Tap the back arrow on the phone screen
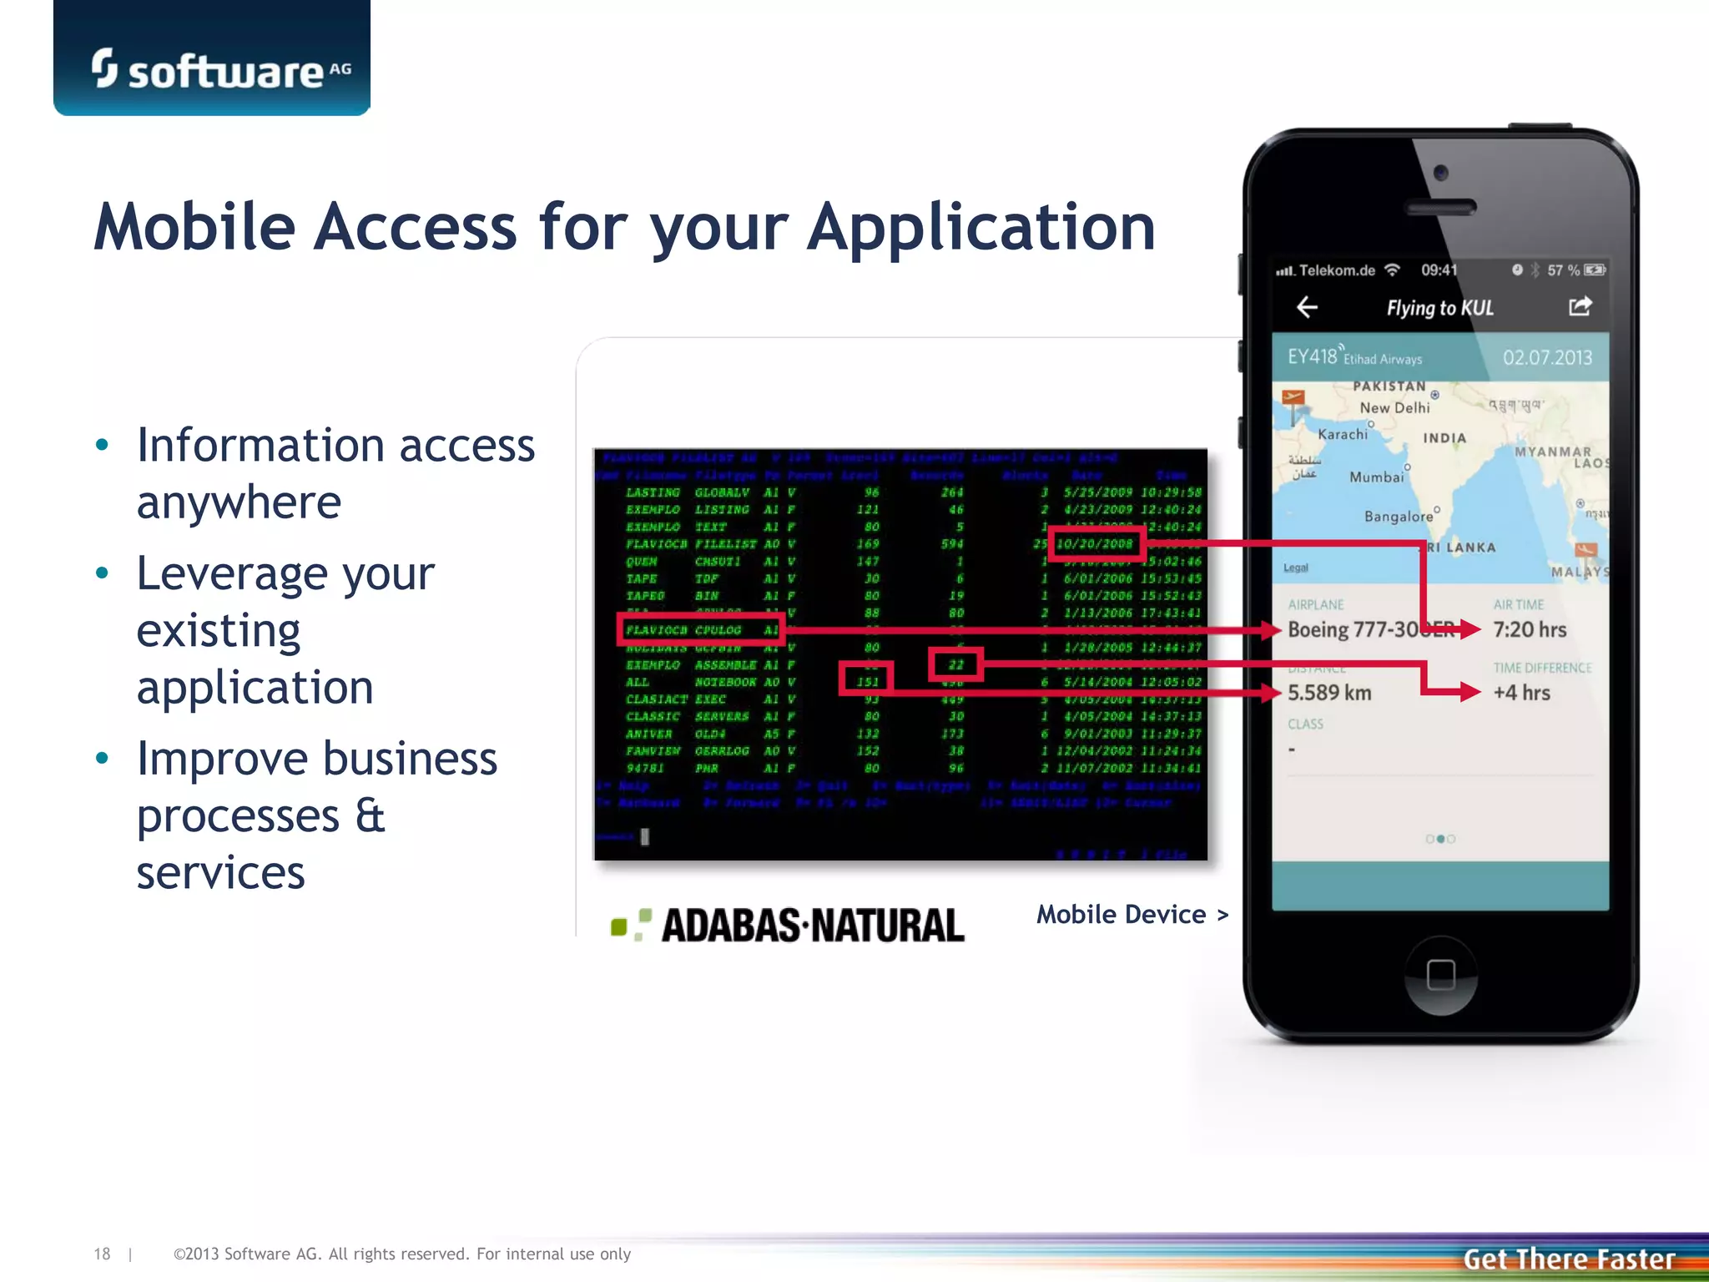pyautogui.click(x=1307, y=307)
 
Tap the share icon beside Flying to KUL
pyautogui.click(x=1580, y=306)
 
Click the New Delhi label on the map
pyautogui.click(x=1394, y=407)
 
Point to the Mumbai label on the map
pyautogui.click(x=1376, y=477)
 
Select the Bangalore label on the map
pyautogui.click(x=1398, y=517)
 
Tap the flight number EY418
pyautogui.click(x=1312, y=357)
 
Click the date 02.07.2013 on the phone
pyautogui.click(x=1547, y=358)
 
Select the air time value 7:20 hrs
pyautogui.click(x=1530, y=629)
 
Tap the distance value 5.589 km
pyautogui.click(x=1329, y=693)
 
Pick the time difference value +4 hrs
pyautogui.click(x=1521, y=693)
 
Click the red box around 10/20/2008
pyautogui.click(x=1096, y=544)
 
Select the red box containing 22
pyautogui.click(x=955, y=665)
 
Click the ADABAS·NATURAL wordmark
pyautogui.click(x=813, y=926)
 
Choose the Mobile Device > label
pyautogui.click(x=1132, y=915)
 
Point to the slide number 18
pyautogui.click(x=102, y=1254)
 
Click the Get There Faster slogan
pyautogui.click(x=1569, y=1259)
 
